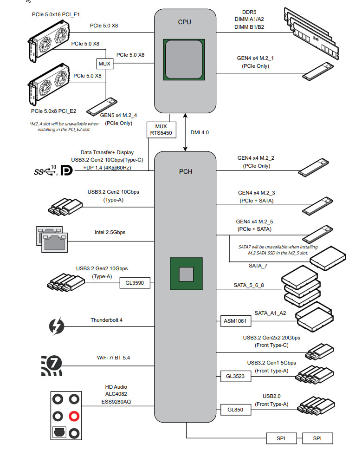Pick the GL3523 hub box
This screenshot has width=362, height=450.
[235, 376]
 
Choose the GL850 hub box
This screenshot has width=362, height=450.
[235, 410]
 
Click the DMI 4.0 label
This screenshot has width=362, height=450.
[200, 132]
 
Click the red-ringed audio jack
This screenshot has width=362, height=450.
[74, 416]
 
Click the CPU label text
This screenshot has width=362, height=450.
[184, 22]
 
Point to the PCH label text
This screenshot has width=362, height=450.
[185, 171]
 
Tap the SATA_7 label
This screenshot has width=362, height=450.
[258, 266]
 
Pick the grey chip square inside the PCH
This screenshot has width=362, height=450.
[186, 274]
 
